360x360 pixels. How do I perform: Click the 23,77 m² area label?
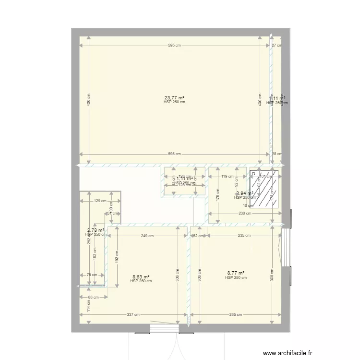[174, 98]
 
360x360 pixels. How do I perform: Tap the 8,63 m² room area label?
[141, 276]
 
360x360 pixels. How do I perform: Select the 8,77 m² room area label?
[236, 273]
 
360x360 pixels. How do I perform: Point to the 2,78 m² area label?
[96, 230]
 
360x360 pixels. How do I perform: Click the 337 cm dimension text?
[133, 315]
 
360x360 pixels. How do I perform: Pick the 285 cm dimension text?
[235, 315]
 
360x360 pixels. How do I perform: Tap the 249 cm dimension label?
[147, 236]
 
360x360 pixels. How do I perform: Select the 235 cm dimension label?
[244, 236]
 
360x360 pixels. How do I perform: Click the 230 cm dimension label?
[245, 214]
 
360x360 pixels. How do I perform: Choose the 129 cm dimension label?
[100, 201]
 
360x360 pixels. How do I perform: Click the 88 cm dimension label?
[93, 297]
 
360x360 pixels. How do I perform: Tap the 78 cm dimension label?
[92, 275]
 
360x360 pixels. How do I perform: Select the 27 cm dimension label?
[277, 46]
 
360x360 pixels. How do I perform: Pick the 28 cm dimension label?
[277, 154]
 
